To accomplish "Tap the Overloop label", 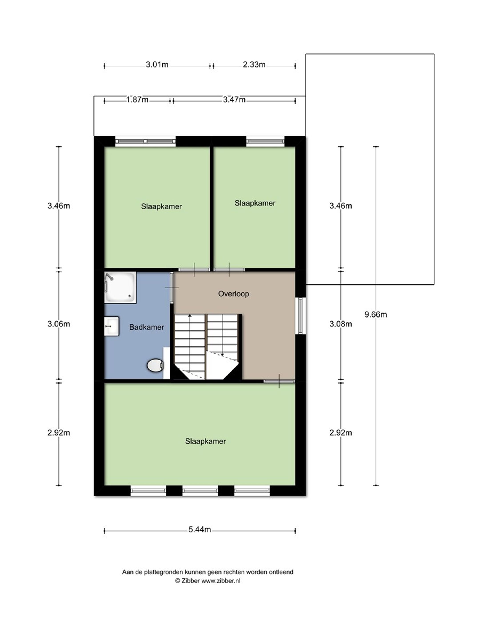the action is (x=234, y=294).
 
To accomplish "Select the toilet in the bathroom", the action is (x=155, y=365).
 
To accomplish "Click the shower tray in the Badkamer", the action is (x=120, y=287).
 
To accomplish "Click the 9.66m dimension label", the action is (x=376, y=314).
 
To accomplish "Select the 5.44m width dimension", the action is (x=200, y=530).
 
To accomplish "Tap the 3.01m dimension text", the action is (x=157, y=64).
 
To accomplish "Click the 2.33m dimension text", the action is (x=254, y=64).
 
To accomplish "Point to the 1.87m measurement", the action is (x=137, y=100).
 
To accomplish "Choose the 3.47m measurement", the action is (x=234, y=100).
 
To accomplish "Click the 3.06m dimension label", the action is (x=59, y=324).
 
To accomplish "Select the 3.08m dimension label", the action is (x=340, y=324).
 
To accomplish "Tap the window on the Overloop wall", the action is (x=300, y=316).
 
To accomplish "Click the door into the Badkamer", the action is (x=172, y=288).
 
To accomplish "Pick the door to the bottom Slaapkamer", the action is (x=279, y=381).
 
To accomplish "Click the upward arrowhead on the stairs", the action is (x=190, y=315).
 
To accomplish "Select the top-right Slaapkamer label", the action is (x=255, y=203).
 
